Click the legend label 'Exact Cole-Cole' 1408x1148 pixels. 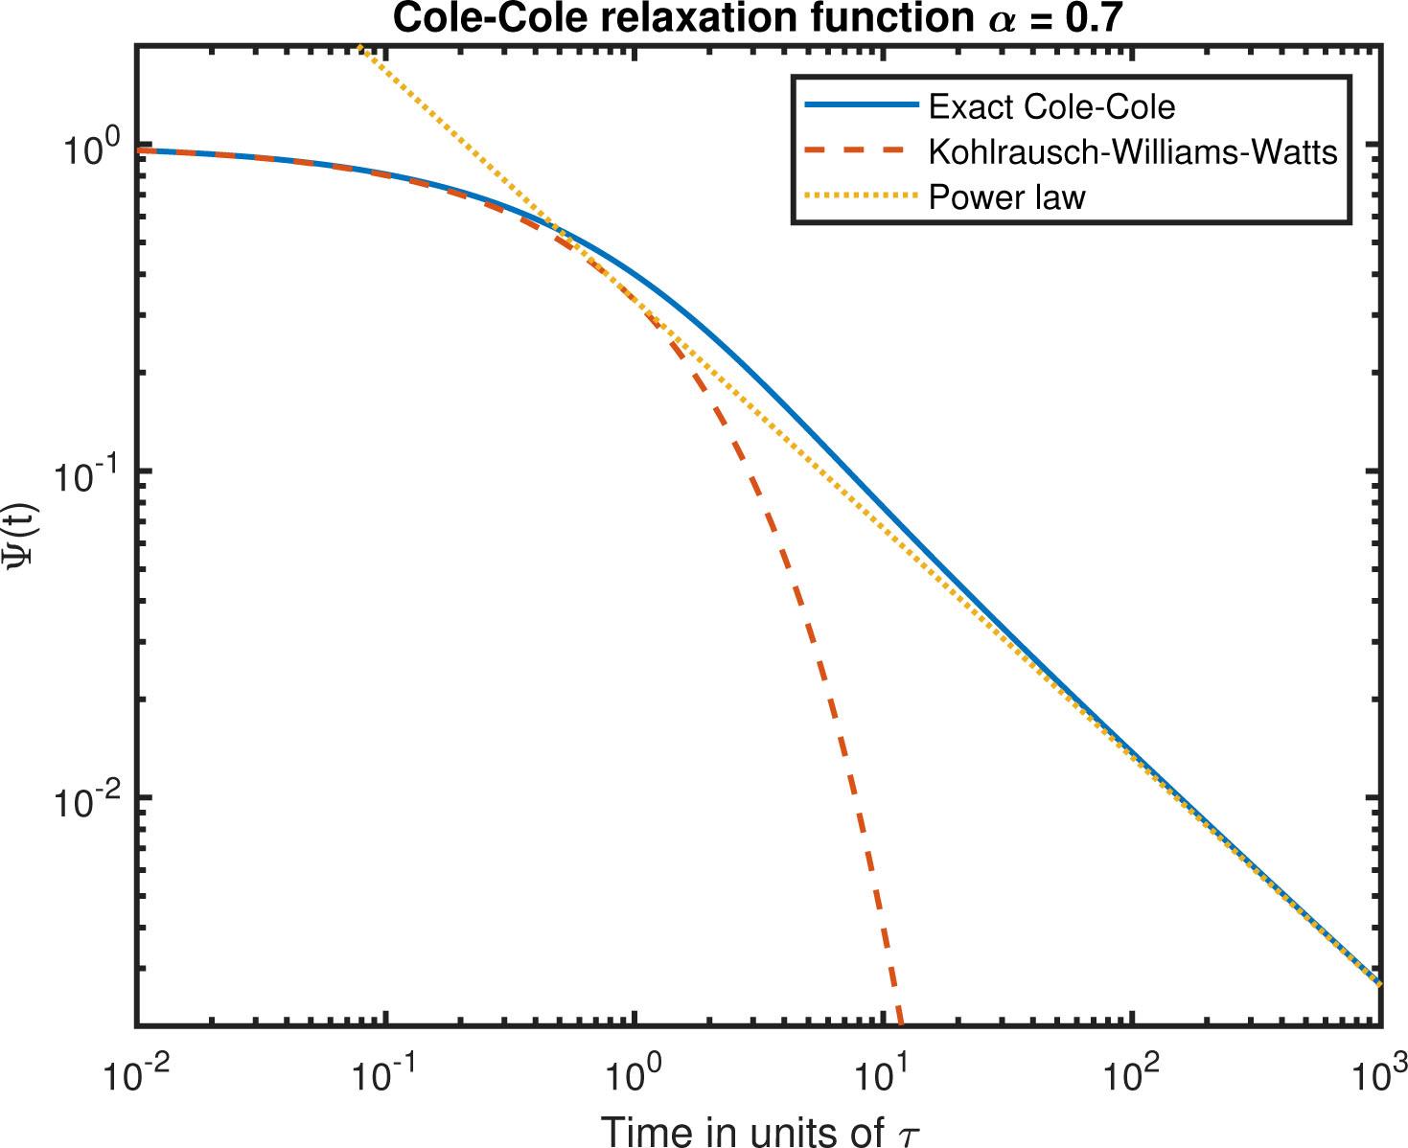click(x=1051, y=106)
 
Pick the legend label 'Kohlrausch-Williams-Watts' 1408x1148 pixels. click(x=1133, y=151)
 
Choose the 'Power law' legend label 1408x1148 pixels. click(x=1006, y=197)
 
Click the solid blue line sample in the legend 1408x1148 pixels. click(x=860, y=105)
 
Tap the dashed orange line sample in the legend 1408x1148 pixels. click(x=860, y=150)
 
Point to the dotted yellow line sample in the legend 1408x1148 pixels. click(x=860, y=196)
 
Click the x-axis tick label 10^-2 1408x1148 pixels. click(x=136, y=1075)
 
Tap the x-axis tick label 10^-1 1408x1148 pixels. click(x=385, y=1075)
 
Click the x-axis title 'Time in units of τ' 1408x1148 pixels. click(x=759, y=1130)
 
